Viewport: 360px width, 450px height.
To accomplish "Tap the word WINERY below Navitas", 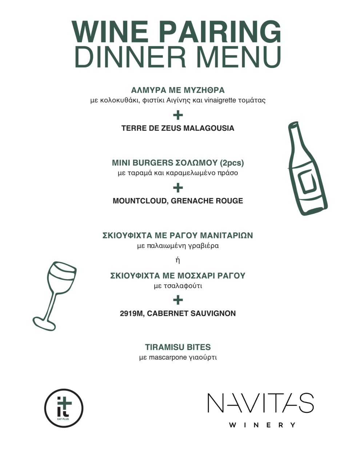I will click(x=261, y=425).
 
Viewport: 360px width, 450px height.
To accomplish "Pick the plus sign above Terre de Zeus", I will click(x=178, y=116).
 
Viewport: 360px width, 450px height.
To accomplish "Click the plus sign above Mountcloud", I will click(x=178, y=188).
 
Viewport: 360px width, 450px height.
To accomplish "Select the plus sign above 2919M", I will click(x=178, y=300).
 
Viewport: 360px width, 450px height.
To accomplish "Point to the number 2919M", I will click(x=132, y=313).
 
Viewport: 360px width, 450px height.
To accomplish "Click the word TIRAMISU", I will click(x=163, y=347).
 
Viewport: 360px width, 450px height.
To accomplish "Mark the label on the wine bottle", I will click(x=305, y=181).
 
